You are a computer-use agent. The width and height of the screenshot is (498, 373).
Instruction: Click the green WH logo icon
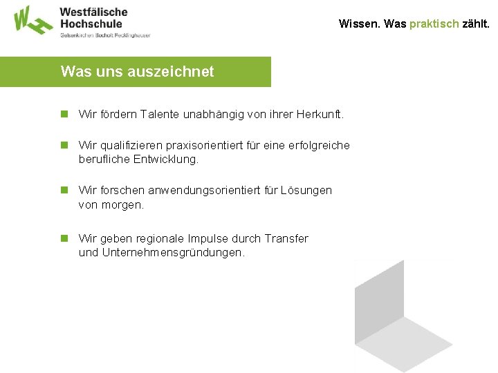(32, 19)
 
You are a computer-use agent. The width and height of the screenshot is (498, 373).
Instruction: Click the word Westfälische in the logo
(94, 12)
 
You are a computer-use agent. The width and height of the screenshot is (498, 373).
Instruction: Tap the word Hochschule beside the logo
(91, 23)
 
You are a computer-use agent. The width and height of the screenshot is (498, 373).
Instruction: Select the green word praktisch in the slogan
(434, 23)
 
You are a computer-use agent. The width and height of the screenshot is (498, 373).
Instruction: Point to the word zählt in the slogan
(475, 23)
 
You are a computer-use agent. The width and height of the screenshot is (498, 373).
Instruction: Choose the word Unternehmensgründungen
(173, 253)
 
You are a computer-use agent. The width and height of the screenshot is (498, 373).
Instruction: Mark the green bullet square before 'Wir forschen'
(64, 190)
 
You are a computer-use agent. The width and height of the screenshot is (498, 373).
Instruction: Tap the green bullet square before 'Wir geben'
(64, 238)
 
